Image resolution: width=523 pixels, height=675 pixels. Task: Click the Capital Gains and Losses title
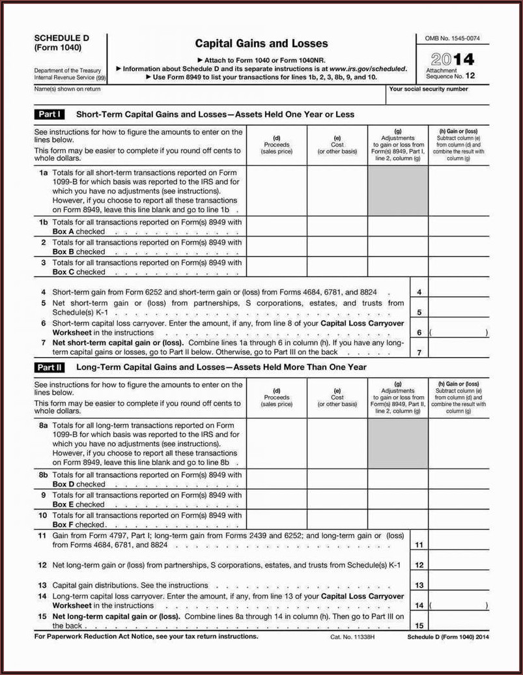pyautogui.click(x=261, y=44)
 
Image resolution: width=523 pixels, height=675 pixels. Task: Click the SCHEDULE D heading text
pyautogui.click(x=62, y=38)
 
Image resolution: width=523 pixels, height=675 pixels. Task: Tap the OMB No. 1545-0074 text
pyautogui.click(x=452, y=39)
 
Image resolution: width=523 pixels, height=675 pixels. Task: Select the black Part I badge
pyautogui.click(x=49, y=114)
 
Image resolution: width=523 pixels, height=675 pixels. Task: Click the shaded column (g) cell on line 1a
pyautogui.click(x=398, y=192)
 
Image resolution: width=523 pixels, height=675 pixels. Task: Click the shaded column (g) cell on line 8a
pyautogui.click(x=398, y=443)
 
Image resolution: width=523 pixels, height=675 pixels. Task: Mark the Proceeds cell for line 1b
pyautogui.click(x=276, y=226)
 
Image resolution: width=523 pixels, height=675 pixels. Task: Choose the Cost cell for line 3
pyautogui.click(x=337, y=266)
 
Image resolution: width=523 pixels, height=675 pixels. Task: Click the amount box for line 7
pyautogui.click(x=459, y=352)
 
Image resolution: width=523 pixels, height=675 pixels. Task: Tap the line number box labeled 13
pyautogui.click(x=419, y=585)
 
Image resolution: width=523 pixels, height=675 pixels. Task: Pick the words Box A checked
pyautogui.click(x=78, y=231)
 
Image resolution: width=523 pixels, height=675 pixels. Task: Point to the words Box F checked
pyautogui.click(x=78, y=524)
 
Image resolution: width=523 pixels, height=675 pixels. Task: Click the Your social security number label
pyautogui.click(x=428, y=89)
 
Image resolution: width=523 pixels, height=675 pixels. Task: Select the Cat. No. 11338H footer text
pyautogui.click(x=352, y=637)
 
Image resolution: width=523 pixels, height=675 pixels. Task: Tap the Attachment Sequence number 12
pyautogui.click(x=470, y=76)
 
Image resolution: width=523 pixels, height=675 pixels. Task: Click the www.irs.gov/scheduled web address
pyautogui.click(x=367, y=68)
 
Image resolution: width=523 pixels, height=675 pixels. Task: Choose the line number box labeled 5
pyautogui.click(x=419, y=312)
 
